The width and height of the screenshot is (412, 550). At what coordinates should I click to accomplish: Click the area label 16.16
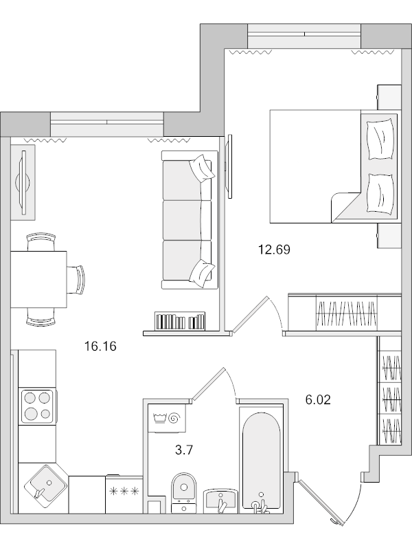tap(100, 346)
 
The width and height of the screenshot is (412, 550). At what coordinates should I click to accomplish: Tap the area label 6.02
tap(318, 399)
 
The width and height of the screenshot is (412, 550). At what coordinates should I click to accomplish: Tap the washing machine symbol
tap(168, 418)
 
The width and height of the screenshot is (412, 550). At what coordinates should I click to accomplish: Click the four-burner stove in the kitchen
tap(37, 406)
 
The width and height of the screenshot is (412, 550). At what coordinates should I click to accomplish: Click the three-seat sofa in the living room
tap(186, 219)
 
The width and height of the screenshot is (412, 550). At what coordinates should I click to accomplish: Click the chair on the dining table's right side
tap(77, 278)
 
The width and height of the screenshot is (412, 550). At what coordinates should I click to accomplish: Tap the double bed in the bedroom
tap(323, 166)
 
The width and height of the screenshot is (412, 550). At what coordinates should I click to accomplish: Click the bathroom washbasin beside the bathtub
tap(220, 499)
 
